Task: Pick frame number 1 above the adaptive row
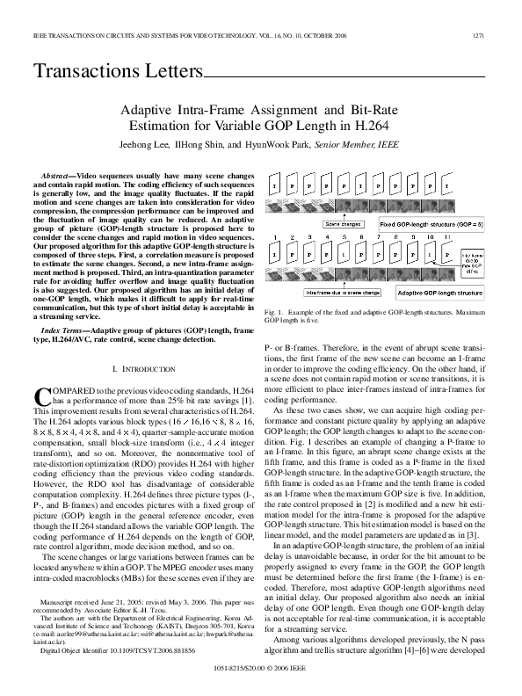point(276,238)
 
